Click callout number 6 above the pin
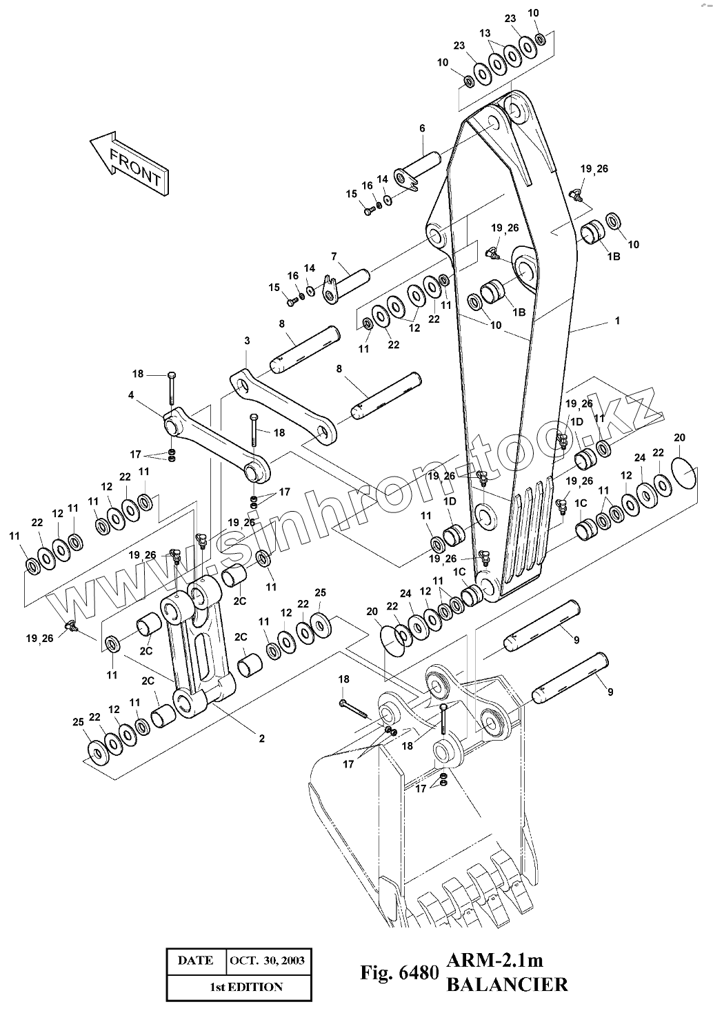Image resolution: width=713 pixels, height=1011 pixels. (422, 128)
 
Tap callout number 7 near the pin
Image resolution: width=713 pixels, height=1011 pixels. (334, 257)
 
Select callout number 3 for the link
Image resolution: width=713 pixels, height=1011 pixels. (247, 340)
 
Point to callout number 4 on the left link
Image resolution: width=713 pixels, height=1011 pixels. (131, 395)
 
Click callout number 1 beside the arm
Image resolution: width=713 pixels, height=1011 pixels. (618, 320)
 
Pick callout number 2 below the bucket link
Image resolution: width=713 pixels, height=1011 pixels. (262, 739)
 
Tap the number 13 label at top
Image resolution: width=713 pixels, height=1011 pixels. (485, 33)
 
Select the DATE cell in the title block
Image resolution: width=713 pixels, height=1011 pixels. (196, 960)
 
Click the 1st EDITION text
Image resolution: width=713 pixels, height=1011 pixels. (246, 987)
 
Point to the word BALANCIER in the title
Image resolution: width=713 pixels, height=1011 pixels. (507, 984)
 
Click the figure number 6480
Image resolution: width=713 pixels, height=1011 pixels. (418, 972)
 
